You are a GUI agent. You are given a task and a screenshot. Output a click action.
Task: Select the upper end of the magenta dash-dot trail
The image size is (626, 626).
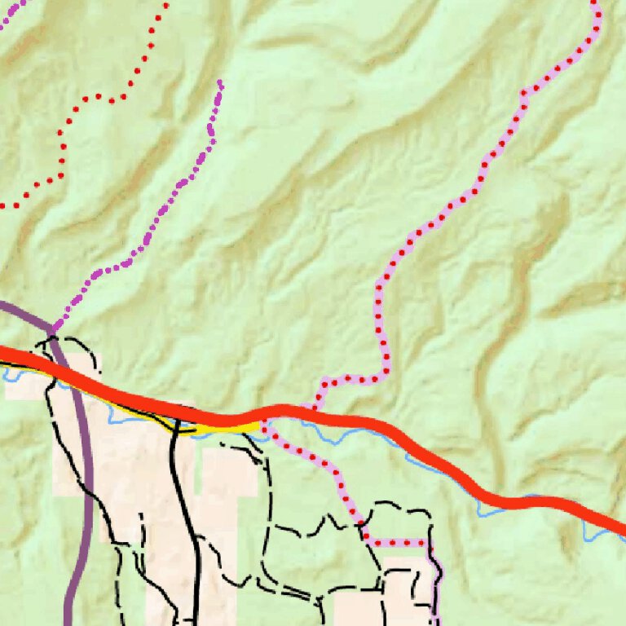[x=220, y=82]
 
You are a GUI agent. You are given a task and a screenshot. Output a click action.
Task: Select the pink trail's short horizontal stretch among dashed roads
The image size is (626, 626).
[x=399, y=542]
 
